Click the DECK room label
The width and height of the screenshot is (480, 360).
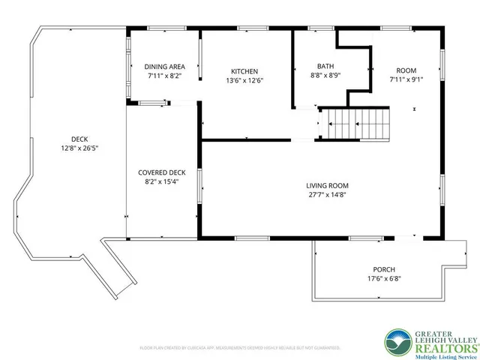(79, 139)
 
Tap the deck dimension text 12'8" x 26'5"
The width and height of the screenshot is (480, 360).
(79, 148)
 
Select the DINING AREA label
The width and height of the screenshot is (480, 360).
(163, 67)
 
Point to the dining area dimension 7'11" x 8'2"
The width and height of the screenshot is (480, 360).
(163, 76)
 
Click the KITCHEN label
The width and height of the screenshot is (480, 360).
(244, 71)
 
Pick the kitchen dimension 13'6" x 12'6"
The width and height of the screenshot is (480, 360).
(244, 80)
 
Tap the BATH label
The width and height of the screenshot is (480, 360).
(325, 67)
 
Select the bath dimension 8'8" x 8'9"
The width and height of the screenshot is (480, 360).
(325, 76)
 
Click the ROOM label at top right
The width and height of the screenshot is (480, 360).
(406, 70)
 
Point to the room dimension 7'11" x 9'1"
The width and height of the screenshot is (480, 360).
(406, 79)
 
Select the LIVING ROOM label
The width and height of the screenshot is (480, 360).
(327, 185)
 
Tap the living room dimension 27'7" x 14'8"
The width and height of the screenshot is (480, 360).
(327, 194)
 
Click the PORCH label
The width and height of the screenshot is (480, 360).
(384, 270)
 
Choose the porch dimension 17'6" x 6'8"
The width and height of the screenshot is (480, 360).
(384, 279)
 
